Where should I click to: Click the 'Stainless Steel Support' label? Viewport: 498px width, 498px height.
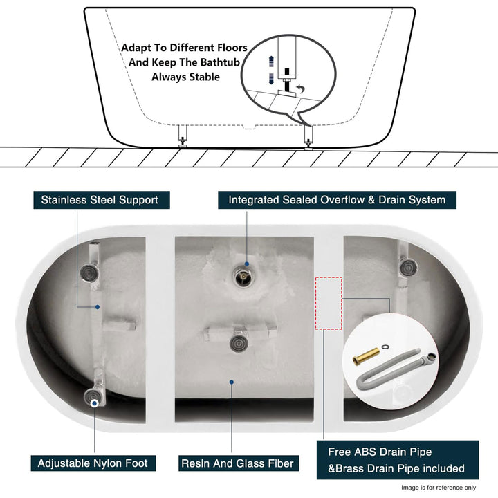pyautogui.click(x=100, y=200)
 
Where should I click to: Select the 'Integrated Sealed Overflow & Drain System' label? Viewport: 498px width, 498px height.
pyautogui.click(x=337, y=200)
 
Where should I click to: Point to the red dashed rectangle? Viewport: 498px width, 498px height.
pyautogui.click(x=329, y=304)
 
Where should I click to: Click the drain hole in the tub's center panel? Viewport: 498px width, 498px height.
pyautogui.click(x=243, y=278)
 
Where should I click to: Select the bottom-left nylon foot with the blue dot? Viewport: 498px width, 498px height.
pyautogui.click(x=93, y=396)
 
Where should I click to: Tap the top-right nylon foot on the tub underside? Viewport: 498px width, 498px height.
pyautogui.click(x=407, y=266)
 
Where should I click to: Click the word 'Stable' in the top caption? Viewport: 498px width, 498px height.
pyautogui.click(x=203, y=77)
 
